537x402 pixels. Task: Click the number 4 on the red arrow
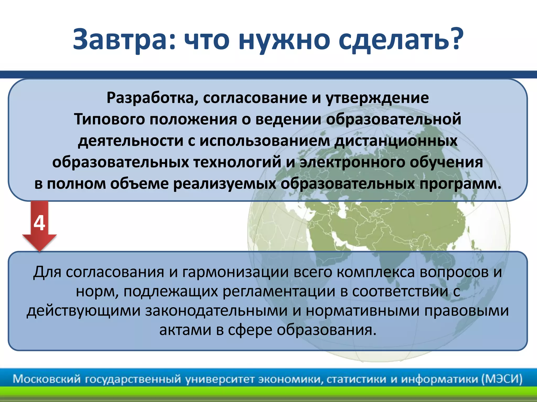[x=39, y=223]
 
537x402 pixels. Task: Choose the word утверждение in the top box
[x=377, y=98]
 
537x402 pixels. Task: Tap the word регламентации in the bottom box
[x=279, y=292]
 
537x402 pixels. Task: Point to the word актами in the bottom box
[x=185, y=330]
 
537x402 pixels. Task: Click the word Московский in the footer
[x=47, y=379]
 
